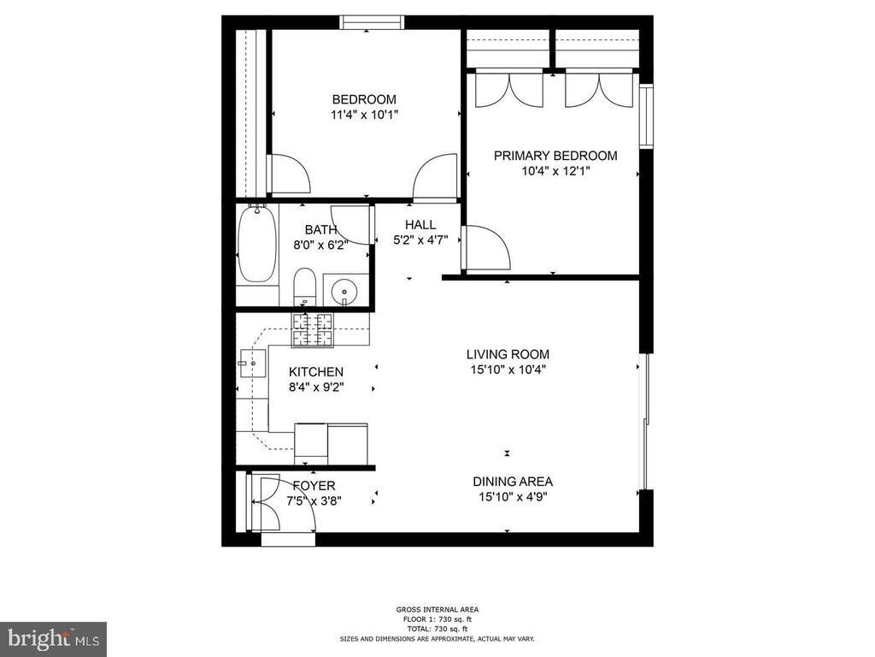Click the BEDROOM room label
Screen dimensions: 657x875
(364, 98)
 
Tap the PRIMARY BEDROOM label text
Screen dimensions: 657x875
(555, 156)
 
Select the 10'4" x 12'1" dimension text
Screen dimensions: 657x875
(555, 170)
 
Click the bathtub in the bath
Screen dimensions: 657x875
(256, 246)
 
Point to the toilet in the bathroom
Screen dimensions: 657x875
(305, 286)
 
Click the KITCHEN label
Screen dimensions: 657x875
(315, 372)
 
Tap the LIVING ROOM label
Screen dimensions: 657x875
(508, 354)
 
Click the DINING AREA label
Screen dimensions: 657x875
(513, 481)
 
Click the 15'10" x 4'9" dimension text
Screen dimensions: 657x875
(513, 496)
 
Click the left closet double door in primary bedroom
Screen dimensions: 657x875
(508, 89)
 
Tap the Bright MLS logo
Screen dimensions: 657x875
(53, 638)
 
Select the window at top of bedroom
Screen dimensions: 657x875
(372, 22)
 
